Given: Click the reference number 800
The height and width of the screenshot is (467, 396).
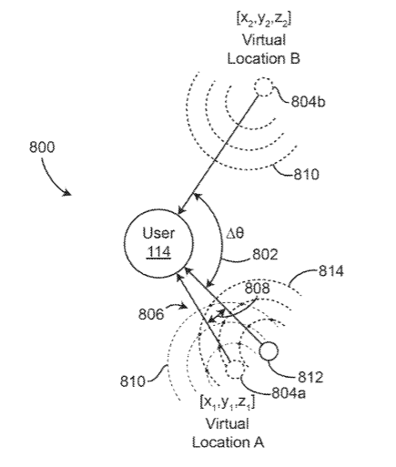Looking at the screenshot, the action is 42,147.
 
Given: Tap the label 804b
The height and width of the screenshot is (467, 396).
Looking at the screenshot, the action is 308,101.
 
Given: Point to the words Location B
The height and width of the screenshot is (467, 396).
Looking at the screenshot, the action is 264,58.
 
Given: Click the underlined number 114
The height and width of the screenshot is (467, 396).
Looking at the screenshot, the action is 158,252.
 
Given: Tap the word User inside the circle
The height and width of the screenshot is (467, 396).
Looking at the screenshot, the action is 158,233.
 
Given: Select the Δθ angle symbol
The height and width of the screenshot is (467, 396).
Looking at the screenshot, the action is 236,233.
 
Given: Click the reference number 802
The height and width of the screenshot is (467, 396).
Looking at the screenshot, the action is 265,254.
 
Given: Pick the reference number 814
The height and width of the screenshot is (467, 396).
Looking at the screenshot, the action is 331,270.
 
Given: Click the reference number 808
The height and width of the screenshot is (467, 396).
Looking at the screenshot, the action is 257,288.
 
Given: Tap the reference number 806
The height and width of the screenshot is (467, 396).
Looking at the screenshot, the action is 151,314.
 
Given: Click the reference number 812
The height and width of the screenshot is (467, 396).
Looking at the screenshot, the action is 310,377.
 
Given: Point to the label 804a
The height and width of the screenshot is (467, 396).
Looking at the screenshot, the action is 289,393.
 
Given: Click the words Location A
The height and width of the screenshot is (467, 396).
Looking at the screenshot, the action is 228,442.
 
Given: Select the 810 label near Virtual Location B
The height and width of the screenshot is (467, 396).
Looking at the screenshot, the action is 306,175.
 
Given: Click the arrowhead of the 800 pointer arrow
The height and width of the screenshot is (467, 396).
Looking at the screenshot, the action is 67,193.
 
